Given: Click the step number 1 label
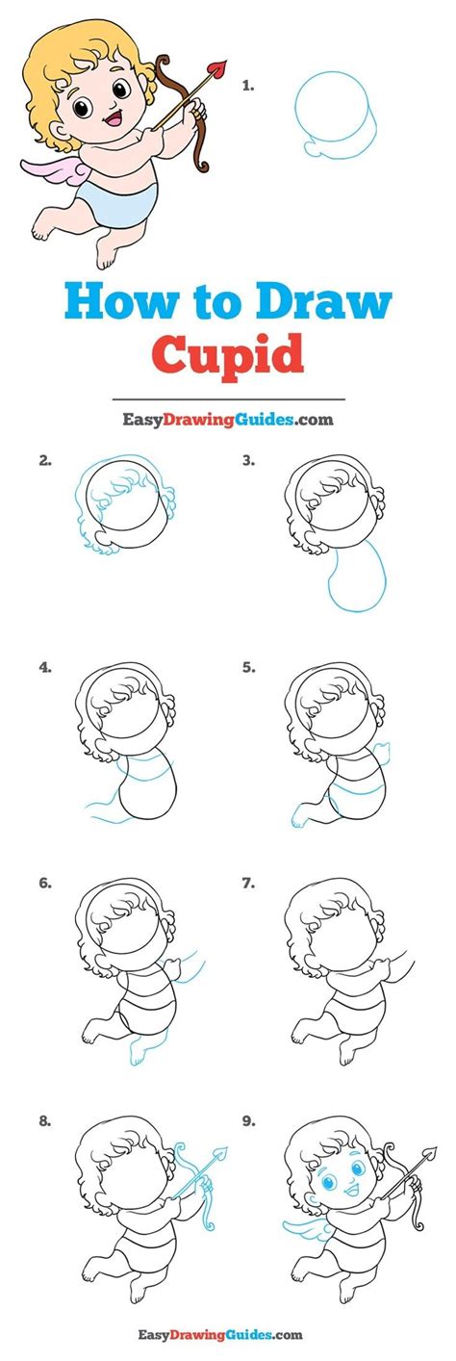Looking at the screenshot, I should (x=248, y=85).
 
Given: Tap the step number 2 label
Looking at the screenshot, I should (x=44, y=460).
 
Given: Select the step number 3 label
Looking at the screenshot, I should (x=248, y=460).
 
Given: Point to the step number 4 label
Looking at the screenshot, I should (x=44, y=665).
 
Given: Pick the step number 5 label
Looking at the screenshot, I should (x=248, y=665).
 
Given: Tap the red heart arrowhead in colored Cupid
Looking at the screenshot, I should (x=219, y=68).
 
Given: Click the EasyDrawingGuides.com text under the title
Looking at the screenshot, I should (x=227, y=420).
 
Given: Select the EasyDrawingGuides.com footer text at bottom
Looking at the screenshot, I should (x=227, y=1334).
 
